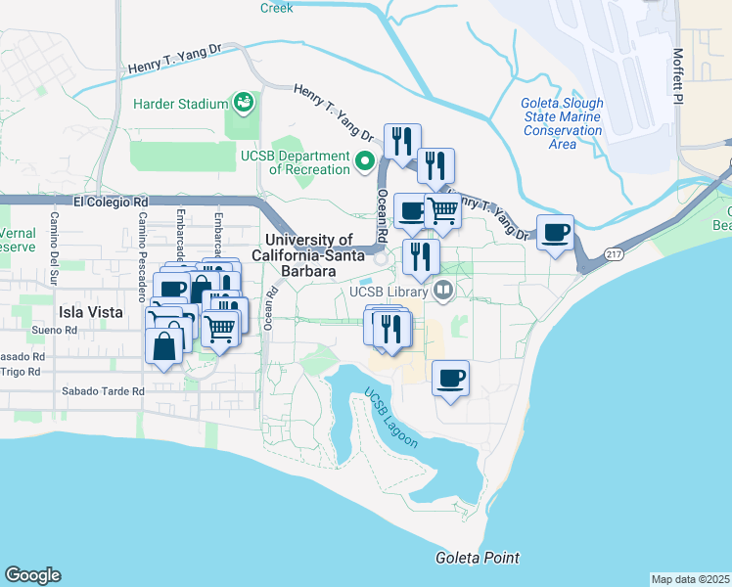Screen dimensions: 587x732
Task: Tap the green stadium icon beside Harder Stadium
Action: pyautogui.click(x=243, y=102)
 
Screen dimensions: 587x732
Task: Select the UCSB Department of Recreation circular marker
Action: pyautogui.click(x=366, y=161)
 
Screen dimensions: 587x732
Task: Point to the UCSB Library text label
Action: pyautogui.click(x=389, y=292)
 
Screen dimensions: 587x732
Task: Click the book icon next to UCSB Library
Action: pyautogui.click(x=442, y=290)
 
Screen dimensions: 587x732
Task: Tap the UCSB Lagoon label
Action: pyautogui.click(x=391, y=420)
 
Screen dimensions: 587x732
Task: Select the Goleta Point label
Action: pyautogui.click(x=478, y=558)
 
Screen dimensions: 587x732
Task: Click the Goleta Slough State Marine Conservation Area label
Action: pyautogui.click(x=562, y=123)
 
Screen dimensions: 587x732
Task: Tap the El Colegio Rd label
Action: pyautogui.click(x=111, y=203)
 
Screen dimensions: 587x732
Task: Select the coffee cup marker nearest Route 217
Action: pyautogui.click(x=556, y=233)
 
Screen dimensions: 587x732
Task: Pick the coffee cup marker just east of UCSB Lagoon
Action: pyautogui.click(x=450, y=379)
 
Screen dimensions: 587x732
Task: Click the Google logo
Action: pyautogui.click(x=32, y=575)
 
